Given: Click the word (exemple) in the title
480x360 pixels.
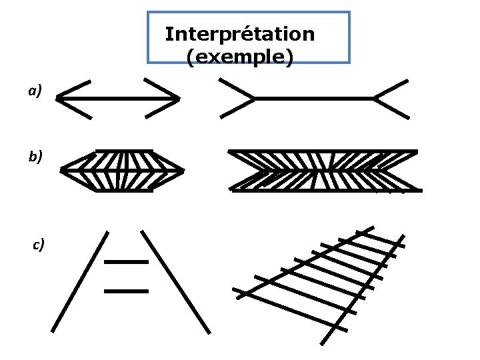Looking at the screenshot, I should point(239,58).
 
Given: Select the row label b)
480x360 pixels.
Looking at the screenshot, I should point(35,157).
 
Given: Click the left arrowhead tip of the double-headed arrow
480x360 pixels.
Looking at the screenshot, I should point(57,99).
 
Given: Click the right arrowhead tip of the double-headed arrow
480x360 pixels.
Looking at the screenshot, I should point(179,99).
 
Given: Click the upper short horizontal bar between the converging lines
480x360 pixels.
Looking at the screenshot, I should point(126,262).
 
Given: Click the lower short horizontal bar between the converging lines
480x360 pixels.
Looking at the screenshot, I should point(126,291).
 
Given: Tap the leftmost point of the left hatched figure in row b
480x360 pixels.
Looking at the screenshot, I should point(61,171).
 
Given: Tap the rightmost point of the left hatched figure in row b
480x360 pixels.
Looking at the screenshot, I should point(183,171).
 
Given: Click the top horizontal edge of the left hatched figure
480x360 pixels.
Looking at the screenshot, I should point(124,151).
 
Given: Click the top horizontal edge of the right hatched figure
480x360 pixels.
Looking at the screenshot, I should point(323,151).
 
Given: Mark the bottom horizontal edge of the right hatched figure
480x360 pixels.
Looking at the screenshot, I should point(327,190).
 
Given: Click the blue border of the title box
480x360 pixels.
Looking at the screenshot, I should point(147,37).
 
